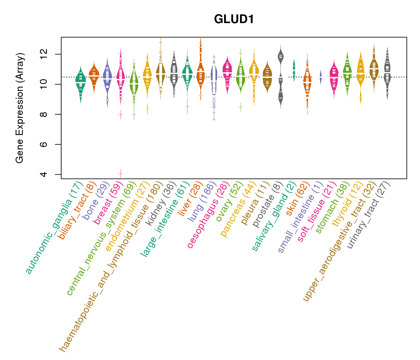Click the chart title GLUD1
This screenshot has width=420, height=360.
tap(234, 19)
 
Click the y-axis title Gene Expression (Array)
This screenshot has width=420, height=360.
tap(20, 108)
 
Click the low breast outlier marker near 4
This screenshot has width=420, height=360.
tap(121, 173)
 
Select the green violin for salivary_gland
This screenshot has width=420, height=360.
tap(294, 70)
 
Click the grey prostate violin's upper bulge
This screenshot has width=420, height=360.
tap(281, 56)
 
